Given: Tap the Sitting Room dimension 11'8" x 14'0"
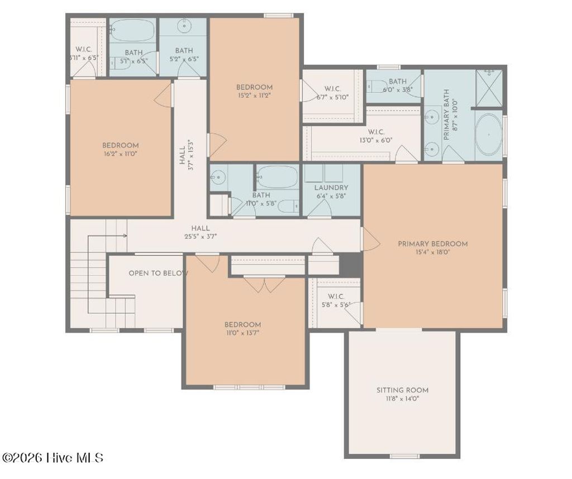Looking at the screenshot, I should [402, 399].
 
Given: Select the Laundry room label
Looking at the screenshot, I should [331, 188].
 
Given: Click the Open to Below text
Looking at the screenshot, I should [158, 274].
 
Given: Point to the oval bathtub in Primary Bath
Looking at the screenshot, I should [488, 135].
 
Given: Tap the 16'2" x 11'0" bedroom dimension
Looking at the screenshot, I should [120, 154].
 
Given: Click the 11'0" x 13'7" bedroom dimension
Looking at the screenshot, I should [242, 333].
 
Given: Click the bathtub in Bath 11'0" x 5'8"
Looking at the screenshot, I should [278, 178].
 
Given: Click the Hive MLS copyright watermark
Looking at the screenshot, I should [53, 458].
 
